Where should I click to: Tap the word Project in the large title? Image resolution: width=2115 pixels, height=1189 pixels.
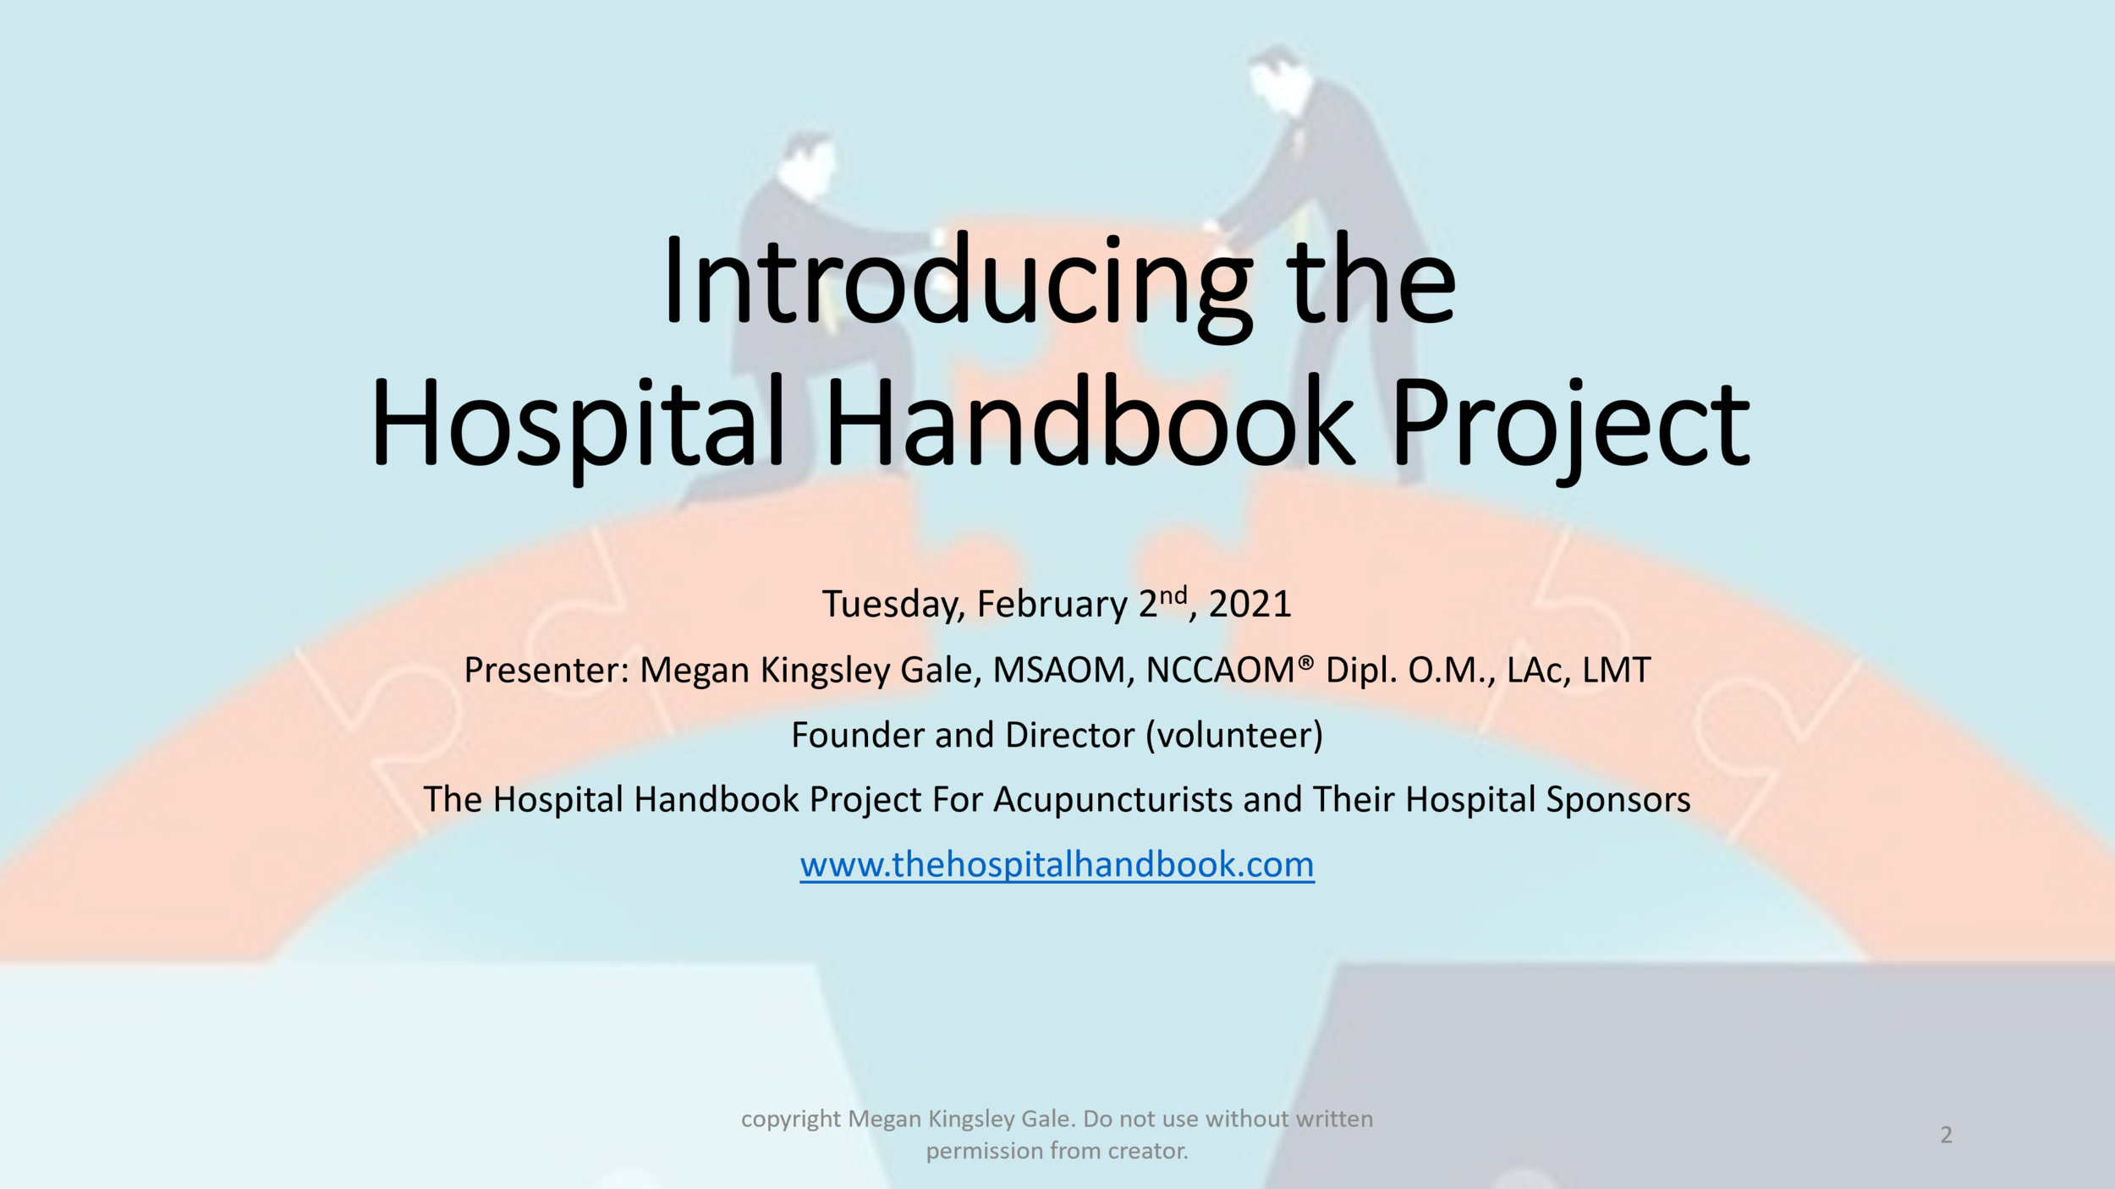(x=1570, y=423)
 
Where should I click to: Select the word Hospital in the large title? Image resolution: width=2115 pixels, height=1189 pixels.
(x=579, y=423)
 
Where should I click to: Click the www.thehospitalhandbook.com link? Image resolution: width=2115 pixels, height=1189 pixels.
(x=1057, y=864)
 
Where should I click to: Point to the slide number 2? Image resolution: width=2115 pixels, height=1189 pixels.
(x=1946, y=1135)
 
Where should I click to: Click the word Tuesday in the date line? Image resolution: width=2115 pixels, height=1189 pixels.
(x=893, y=605)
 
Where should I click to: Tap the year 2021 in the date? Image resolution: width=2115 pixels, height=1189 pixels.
(x=1250, y=605)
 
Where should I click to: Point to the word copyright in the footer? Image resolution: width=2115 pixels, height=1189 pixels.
(x=791, y=1119)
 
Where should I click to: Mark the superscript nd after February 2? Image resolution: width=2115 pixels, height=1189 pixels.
(x=1173, y=595)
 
